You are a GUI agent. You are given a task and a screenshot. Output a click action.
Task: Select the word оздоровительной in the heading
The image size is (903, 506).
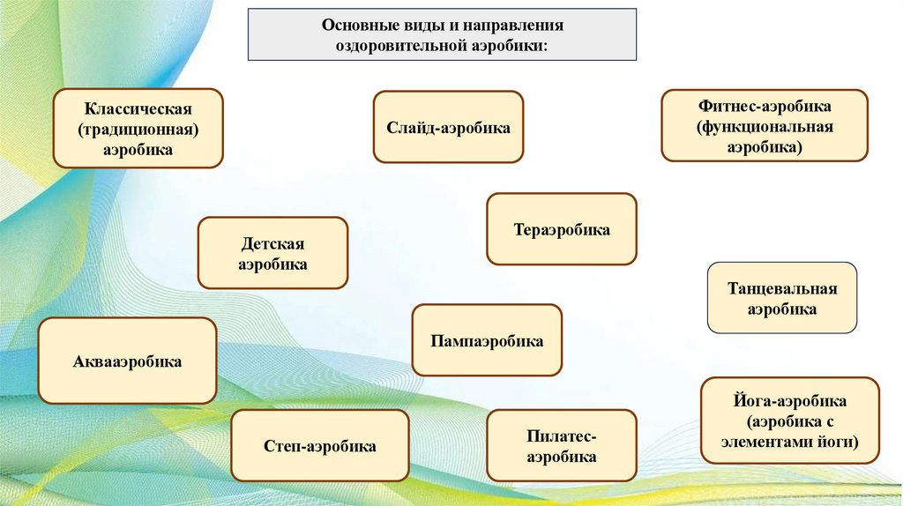389,46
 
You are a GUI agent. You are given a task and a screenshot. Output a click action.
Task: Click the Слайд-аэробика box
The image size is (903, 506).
448,128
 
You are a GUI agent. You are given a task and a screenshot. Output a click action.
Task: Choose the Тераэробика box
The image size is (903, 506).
562,230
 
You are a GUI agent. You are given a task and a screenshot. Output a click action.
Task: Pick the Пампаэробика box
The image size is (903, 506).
487,340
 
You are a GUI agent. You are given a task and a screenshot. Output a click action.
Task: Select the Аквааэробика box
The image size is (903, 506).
128,361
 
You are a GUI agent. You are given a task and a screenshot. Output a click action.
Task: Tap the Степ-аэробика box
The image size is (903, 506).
320,446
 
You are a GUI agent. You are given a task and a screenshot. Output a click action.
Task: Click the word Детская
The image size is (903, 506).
272,243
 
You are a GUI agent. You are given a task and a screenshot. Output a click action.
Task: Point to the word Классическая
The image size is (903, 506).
138,109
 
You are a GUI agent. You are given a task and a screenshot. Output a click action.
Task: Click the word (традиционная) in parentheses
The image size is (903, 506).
138,130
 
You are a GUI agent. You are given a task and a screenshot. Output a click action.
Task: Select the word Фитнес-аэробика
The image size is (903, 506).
765,106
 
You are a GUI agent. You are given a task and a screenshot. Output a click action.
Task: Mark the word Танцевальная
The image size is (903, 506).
782,288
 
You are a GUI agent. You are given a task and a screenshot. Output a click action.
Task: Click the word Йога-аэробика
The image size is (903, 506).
790,400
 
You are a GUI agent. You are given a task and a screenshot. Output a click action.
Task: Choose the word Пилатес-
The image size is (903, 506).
562,436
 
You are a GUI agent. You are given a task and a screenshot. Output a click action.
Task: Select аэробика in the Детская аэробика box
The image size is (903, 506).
272,264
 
